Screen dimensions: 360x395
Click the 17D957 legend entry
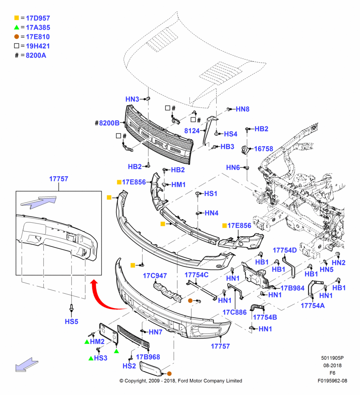pos(38,18)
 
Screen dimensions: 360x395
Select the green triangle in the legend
pos(17,27)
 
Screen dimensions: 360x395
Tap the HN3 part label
pos(132,99)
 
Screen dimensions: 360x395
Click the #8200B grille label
pos(107,123)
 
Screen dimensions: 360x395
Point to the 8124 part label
pos(192,131)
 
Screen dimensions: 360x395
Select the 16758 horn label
pos(264,149)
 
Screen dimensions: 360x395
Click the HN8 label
pos(242,109)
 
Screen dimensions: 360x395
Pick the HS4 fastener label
pos(231,134)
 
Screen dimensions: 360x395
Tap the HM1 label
pos(178,184)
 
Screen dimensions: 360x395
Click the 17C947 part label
pos(155,276)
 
